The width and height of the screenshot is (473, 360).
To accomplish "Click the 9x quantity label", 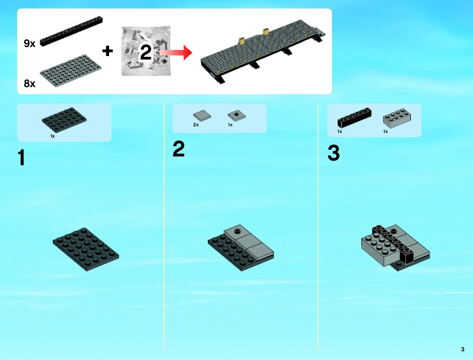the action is [30, 44].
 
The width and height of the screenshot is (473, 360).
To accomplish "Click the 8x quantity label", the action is [30, 83].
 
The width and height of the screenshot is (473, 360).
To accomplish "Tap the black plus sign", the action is [108, 51].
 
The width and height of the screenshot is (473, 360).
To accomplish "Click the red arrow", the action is [176, 53].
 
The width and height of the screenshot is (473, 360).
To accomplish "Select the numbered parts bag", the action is [146, 51].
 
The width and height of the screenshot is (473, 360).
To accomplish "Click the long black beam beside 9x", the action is [71, 31].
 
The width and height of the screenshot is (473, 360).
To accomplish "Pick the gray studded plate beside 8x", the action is [71, 71].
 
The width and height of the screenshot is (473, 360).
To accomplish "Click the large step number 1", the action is [21, 157].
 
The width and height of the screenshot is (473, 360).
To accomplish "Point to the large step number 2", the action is [179, 149].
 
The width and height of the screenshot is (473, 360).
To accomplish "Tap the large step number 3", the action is [334, 153].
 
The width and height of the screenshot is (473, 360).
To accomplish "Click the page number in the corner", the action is [463, 349].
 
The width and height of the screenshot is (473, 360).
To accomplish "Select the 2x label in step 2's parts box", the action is [196, 125].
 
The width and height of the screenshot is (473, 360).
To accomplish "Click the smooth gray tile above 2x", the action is [202, 116].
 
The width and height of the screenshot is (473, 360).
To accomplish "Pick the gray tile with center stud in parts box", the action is [236, 116].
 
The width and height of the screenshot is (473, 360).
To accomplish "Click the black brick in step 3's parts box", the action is [354, 118].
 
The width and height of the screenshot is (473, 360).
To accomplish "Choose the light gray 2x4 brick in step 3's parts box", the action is [397, 118].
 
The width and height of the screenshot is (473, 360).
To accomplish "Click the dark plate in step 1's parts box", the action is [64, 120].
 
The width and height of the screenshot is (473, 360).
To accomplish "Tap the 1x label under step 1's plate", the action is [53, 136].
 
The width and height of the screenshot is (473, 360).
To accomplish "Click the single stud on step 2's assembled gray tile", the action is [237, 231].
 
